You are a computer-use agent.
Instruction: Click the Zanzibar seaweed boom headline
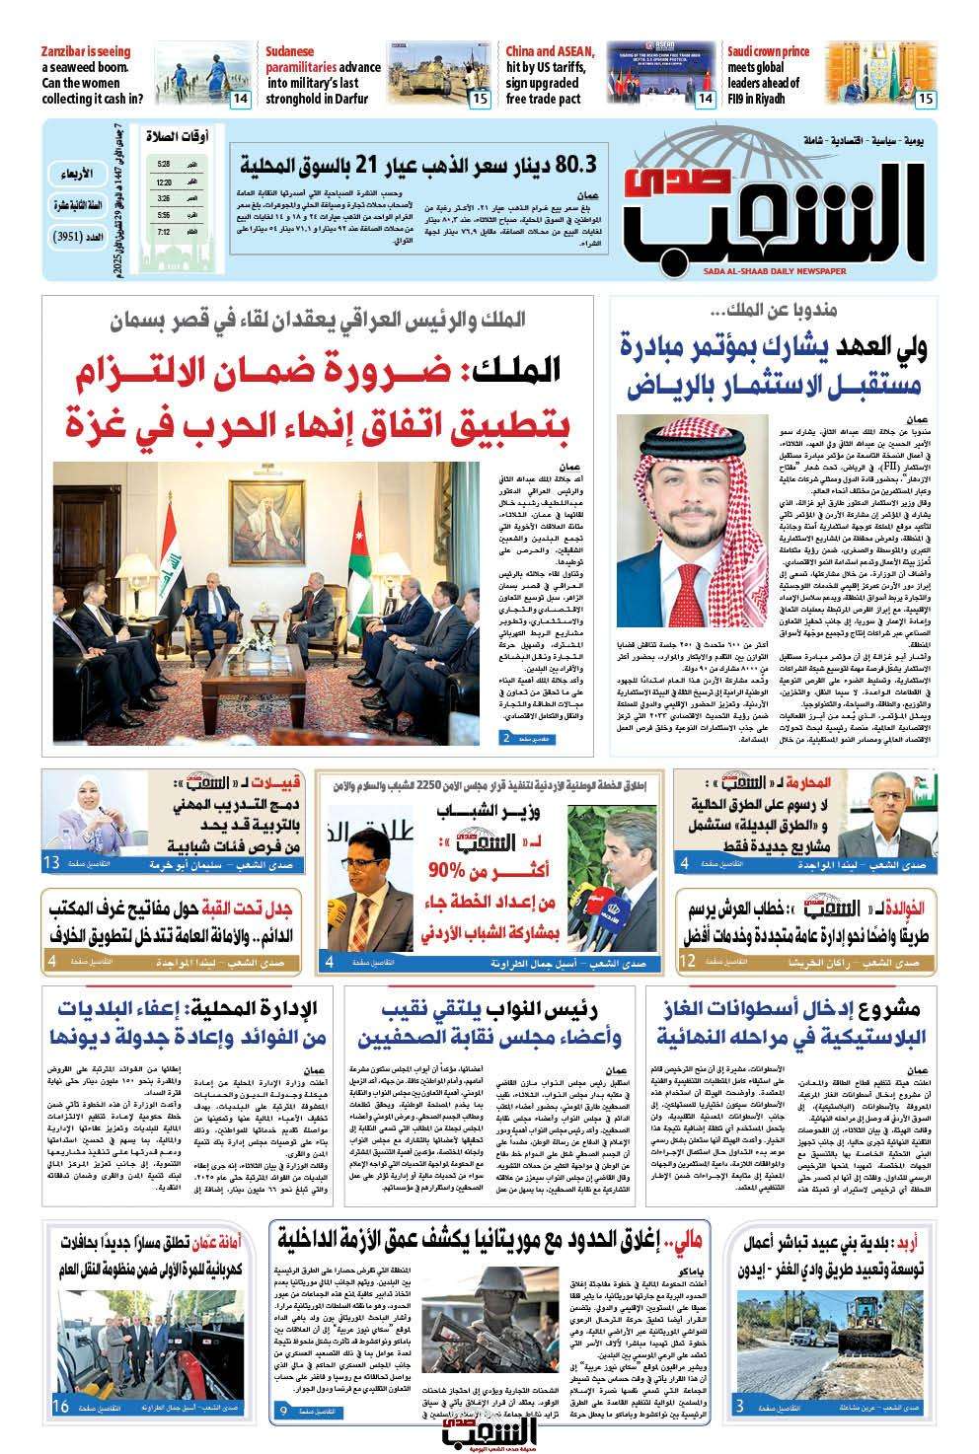[93, 75]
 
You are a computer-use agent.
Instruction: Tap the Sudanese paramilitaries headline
[323, 75]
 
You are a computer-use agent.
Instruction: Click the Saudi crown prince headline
[769, 75]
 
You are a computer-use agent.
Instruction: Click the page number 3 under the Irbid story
[740, 1433]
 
